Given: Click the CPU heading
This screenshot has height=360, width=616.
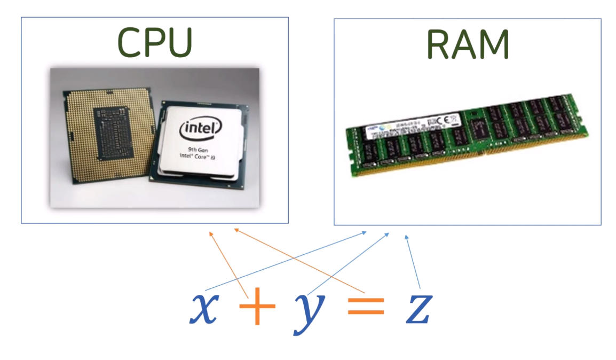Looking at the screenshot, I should (154, 42).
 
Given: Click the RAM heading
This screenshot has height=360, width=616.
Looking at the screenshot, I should (468, 44).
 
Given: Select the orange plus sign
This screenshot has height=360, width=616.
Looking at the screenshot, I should (257, 309).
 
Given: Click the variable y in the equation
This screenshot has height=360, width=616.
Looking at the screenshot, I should (309, 312).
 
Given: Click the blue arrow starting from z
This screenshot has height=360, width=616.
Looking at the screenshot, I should (413, 262).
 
